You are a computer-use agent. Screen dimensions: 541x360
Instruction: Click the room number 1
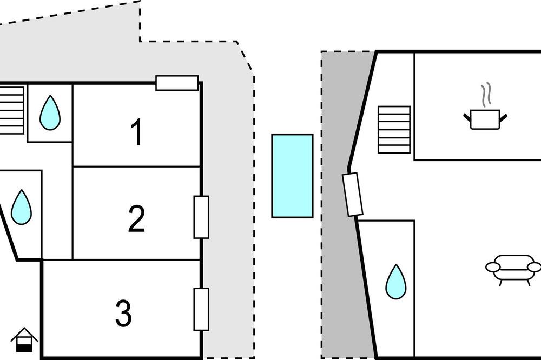[x=137, y=132]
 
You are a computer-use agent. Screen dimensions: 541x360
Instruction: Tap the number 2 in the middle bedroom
[x=137, y=218]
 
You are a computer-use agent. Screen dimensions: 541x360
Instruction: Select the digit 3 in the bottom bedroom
[x=123, y=313]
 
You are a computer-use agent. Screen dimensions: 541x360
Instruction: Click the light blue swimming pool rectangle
[x=293, y=176]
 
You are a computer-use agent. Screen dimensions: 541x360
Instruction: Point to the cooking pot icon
[x=485, y=119]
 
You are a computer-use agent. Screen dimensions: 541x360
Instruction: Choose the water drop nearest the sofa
[x=396, y=282]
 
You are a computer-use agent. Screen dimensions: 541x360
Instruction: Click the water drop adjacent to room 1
[x=50, y=112]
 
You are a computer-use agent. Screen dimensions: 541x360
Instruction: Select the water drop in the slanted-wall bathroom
[x=22, y=207]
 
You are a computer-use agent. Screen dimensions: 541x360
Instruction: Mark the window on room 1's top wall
[x=177, y=83]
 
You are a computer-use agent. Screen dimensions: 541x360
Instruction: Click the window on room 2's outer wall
[x=201, y=217]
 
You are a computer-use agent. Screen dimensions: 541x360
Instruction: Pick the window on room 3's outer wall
[x=201, y=309]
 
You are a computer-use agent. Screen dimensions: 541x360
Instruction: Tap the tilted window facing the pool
[x=353, y=195]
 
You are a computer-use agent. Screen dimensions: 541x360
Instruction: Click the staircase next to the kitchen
[x=394, y=130]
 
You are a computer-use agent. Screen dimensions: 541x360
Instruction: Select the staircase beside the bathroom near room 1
[x=12, y=110]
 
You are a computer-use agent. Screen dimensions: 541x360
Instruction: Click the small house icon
[x=24, y=339]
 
